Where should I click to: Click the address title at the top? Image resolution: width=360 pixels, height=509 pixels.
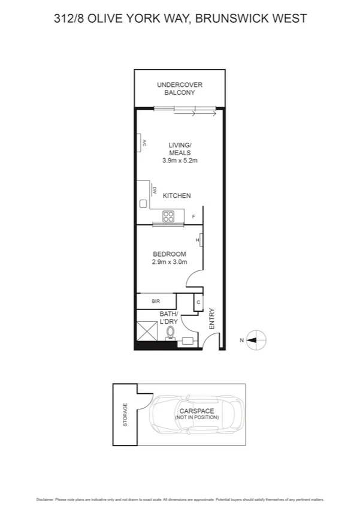tap(180, 19)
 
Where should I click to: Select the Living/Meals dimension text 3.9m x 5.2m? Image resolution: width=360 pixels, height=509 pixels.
tap(180, 161)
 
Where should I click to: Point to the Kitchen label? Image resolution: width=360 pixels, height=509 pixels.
tap(177, 195)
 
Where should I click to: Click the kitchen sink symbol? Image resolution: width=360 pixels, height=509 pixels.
tap(144, 204)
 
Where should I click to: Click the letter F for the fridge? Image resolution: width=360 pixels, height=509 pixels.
tap(193, 217)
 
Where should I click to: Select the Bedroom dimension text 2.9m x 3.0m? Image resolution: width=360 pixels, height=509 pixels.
tap(168, 262)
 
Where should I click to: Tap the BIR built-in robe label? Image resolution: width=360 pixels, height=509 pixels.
tap(155, 301)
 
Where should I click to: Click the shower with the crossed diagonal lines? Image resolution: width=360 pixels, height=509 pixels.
tap(147, 330)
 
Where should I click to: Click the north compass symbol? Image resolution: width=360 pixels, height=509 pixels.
tap(256, 340)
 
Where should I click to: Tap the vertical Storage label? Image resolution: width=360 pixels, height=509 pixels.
tap(125, 414)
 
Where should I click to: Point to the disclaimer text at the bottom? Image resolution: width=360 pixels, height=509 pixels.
tap(180, 499)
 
